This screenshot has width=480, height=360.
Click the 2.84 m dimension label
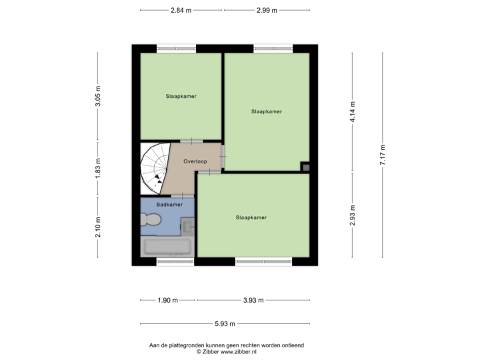[181, 10]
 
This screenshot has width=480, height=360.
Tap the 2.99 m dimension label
[267, 10]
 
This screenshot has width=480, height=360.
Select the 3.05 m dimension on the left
[98, 97]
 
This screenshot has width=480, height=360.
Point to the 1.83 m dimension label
[98, 169]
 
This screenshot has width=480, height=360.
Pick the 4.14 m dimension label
[353, 111]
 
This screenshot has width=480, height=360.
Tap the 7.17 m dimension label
[383, 155]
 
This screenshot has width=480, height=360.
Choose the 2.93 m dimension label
[353, 215]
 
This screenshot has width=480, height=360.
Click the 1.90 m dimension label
[167, 301]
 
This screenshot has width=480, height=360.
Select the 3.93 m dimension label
[253, 301]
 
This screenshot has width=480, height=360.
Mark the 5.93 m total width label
[225, 324]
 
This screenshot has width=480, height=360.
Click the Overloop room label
[195, 161]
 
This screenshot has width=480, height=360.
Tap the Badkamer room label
[169, 205]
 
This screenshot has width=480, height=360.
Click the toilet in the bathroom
[151, 221]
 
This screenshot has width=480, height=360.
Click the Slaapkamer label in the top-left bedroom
[181, 96]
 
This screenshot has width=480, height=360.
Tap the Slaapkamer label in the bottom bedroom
[251, 217]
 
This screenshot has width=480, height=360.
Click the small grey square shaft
[305, 167]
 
